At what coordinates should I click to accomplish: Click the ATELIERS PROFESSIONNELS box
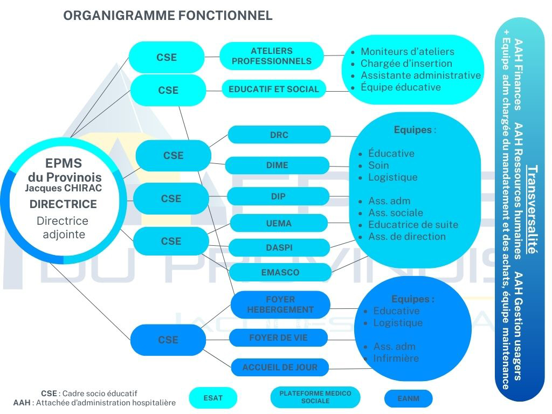pos(272,56)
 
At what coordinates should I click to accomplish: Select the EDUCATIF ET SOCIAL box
pos(274,89)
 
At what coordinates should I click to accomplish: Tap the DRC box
pos(279,135)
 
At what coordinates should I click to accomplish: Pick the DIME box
pos(277,165)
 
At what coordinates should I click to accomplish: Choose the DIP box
pos(278,197)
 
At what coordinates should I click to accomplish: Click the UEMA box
pos(279,223)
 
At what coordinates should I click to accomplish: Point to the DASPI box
pos(279,247)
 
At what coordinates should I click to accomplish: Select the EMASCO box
pos(280,272)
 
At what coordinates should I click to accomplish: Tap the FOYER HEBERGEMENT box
pos(280,305)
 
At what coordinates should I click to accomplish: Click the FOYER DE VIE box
pos(279,338)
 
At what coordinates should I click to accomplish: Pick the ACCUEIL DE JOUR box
pos(280,367)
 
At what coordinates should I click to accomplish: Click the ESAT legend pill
pos(213,398)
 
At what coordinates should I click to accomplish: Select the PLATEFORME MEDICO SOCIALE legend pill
pos(315,397)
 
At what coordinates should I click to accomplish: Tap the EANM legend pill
pos(408,399)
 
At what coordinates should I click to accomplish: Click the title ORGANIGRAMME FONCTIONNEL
pos(168,16)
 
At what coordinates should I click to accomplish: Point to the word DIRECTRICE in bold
pos(63,204)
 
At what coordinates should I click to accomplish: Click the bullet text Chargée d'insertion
pos(406,64)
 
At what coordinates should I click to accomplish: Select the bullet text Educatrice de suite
pos(413,224)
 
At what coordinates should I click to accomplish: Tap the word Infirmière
pos(396,358)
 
